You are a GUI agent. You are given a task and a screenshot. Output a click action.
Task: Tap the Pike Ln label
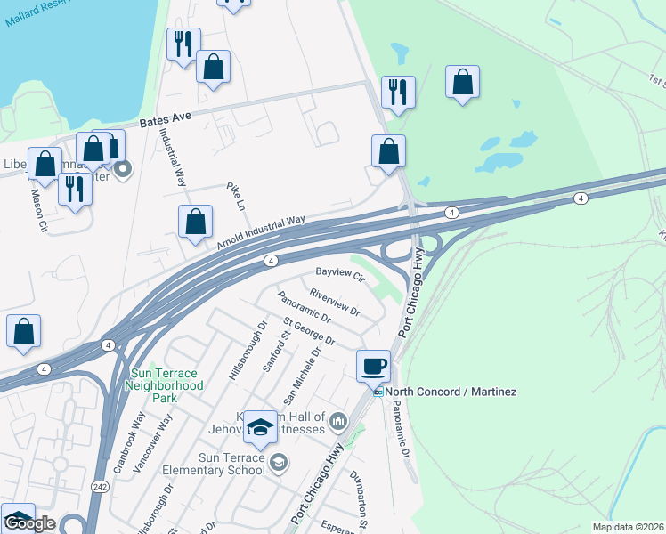point(238,196)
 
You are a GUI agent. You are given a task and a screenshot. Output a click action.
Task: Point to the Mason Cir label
point(39,208)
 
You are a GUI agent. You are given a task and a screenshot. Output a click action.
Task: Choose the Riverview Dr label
point(334,302)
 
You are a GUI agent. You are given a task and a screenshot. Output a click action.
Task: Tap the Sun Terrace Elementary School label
point(220,464)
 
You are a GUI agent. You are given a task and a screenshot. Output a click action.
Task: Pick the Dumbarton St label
point(360,489)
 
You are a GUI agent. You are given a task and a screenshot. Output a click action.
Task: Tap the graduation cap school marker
point(260,429)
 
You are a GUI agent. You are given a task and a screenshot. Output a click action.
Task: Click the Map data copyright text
point(629,527)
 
